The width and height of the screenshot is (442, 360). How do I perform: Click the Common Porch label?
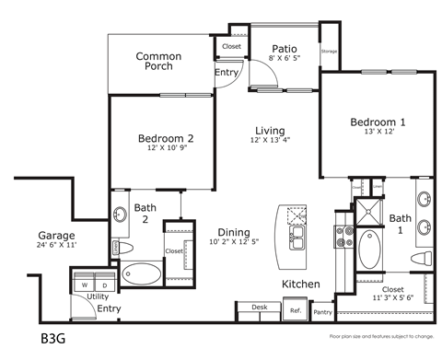pyautogui.click(x=158, y=62)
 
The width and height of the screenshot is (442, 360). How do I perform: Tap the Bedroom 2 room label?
pyautogui.click(x=165, y=139)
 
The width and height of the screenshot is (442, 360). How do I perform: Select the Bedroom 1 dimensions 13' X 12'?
pyautogui.click(x=378, y=133)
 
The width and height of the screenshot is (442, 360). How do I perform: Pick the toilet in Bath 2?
pyautogui.click(x=120, y=249)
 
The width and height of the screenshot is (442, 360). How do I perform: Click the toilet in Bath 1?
pyautogui.click(x=423, y=257)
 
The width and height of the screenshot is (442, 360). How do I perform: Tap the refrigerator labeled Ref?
pyautogui.click(x=297, y=310)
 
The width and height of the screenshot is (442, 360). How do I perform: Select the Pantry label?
pyautogui.click(x=322, y=313)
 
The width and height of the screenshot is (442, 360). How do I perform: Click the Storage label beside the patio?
pyautogui.click(x=329, y=52)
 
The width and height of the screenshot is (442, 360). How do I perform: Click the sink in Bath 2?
pyautogui.click(x=120, y=215)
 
